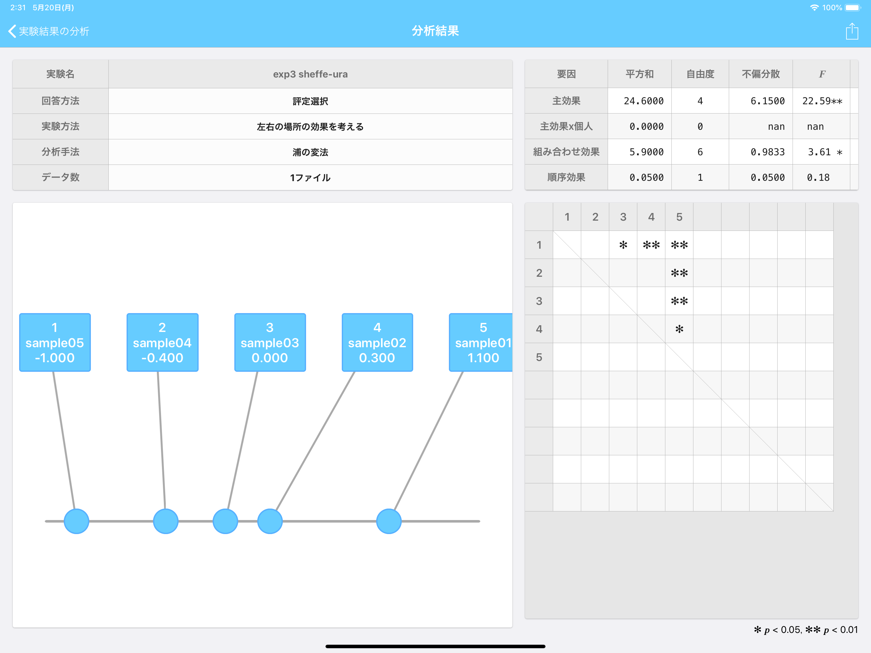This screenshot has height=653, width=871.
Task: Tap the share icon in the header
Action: [x=852, y=31]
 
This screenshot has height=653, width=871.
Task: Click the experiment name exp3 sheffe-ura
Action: [x=310, y=74]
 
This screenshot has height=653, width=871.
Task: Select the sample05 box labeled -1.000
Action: [x=55, y=342]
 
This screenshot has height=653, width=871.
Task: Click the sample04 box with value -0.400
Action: [x=162, y=342]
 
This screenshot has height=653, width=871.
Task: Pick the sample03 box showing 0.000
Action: [x=270, y=342]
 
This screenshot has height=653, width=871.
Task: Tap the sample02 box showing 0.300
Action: [x=377, y=342]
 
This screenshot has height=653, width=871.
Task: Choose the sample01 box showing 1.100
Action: [x=481, y=342]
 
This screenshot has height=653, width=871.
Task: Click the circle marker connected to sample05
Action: [x=77, y=521]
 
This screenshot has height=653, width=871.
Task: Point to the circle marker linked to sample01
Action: [x=389, y=521]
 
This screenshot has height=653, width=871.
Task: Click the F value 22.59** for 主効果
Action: [x=822, y=101]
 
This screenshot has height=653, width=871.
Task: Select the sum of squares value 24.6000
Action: [x=643, y=101]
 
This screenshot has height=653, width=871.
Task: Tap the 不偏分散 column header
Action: [x=761, y=74]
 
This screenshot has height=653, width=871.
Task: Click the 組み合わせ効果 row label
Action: [x=566, y=152]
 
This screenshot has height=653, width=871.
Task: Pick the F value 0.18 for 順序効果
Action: [x=818, y=178]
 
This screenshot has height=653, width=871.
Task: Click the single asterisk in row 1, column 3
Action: [x=623, y=245]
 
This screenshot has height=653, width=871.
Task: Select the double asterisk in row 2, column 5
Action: [x=679, y=273]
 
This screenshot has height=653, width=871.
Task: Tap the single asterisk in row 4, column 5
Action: [x=679, y=329]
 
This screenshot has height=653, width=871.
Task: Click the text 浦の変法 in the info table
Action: [x=310, y=152]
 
